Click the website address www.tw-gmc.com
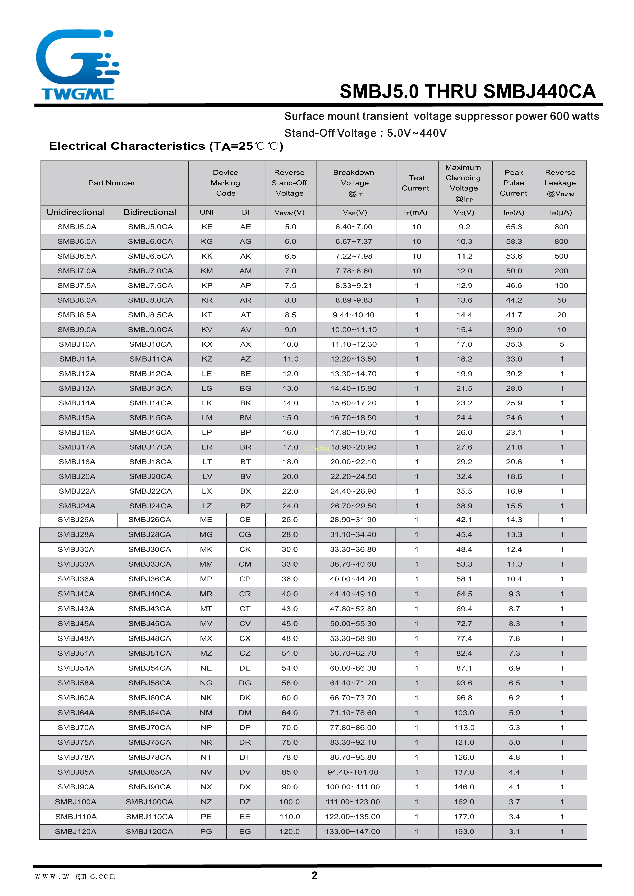coord(75,876)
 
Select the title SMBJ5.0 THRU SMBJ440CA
coord(467,92)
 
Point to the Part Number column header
coord(112,183)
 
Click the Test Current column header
coord(416,183)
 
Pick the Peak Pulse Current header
coord(514,183)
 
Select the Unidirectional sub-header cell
coord(76,212)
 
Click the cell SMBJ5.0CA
coord(150,227)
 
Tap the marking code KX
coord(207,344)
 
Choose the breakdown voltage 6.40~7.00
coord(354,227)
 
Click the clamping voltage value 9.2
coord(464,227)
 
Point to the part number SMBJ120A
coord(76,831)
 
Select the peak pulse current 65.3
coord(514,227)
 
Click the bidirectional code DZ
coord(245,801)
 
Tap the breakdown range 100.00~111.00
coord(353,787)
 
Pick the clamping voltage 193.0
coord(464,831)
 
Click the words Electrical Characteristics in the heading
coord(128,146)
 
